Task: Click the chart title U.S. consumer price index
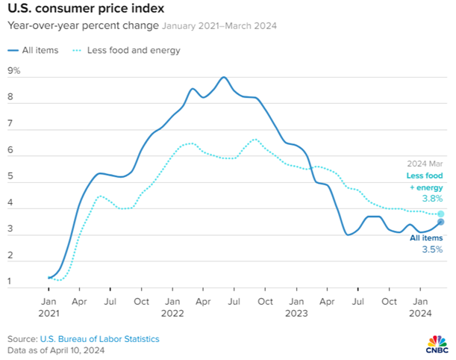86,8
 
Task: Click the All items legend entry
33,50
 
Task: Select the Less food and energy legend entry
126,50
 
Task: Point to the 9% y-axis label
14,70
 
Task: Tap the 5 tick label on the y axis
10,176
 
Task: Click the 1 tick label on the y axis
10,281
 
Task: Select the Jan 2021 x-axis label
49,307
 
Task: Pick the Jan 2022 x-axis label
172,307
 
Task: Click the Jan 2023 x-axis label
296,307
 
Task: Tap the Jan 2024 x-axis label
420,307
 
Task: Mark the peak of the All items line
224,77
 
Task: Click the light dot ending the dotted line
441,214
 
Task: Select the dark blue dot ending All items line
441,222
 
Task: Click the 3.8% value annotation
432,199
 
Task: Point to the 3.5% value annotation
432,249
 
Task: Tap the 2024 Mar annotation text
425,164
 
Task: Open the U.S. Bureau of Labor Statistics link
100,339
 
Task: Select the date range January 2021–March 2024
219,26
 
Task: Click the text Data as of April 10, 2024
56,350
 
